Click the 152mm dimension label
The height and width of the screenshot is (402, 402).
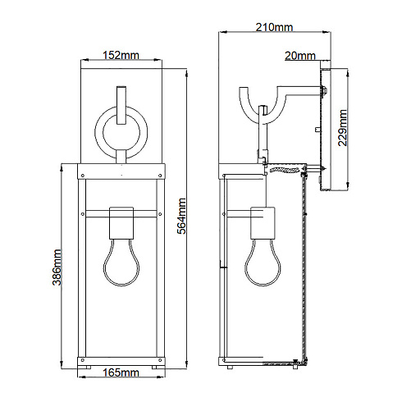click(123, 55)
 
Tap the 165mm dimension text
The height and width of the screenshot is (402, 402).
click(123, 373)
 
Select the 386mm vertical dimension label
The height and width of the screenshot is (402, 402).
click(56, 263)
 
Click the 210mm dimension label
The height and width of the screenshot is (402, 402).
click(274, 28)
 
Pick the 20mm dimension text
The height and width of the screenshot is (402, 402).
click(299, 56)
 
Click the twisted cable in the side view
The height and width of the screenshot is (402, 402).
click(286, 170)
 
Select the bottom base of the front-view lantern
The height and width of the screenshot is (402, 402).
click(123, 359)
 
